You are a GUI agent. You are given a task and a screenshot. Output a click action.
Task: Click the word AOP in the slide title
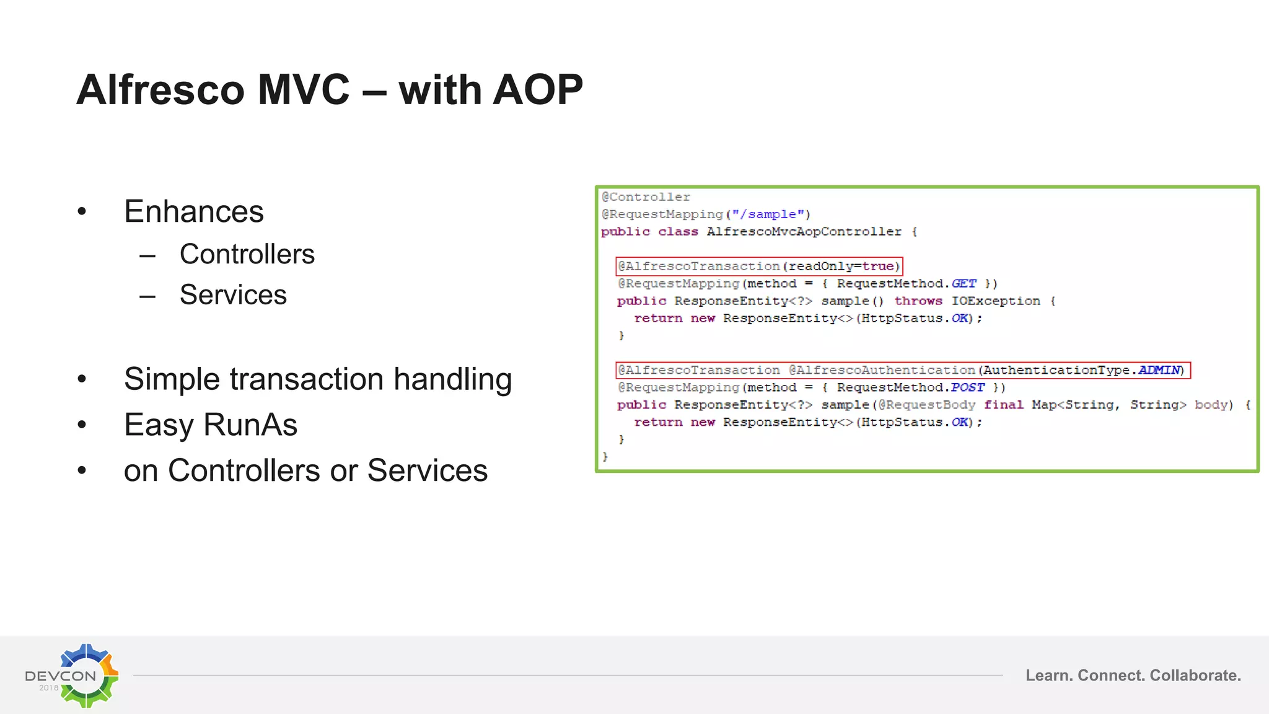coord(537,90)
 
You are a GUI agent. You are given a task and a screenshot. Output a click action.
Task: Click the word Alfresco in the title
coord(160,90)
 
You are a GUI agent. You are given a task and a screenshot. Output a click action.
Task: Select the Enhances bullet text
coord(193,211)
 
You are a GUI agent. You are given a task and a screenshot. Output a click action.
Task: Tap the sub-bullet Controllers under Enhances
coord(247,254)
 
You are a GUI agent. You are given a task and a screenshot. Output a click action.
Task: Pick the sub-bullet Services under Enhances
coord(233,294)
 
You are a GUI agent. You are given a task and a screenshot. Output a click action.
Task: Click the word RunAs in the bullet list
coord(250,425)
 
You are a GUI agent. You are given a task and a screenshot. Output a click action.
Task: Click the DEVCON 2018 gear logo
coord(86,675)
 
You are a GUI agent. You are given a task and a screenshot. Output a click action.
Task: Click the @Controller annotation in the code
coord(646,197)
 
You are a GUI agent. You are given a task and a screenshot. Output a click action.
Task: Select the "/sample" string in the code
coord(768,214)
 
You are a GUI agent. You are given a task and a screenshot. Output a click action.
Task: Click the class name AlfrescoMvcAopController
coord(804,232)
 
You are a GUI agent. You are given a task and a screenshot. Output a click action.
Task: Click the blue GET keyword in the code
coord(964,284)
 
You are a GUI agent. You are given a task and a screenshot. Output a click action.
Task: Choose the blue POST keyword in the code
coord(967,387)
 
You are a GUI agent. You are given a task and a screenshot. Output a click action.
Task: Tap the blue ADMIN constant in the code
coord(1159,370)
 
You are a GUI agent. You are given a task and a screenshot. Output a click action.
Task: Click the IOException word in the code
coord(996,301)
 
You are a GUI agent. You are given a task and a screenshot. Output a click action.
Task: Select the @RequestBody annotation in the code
coord(926,405)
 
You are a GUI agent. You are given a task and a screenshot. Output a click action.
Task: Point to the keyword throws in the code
coord(918,301)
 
